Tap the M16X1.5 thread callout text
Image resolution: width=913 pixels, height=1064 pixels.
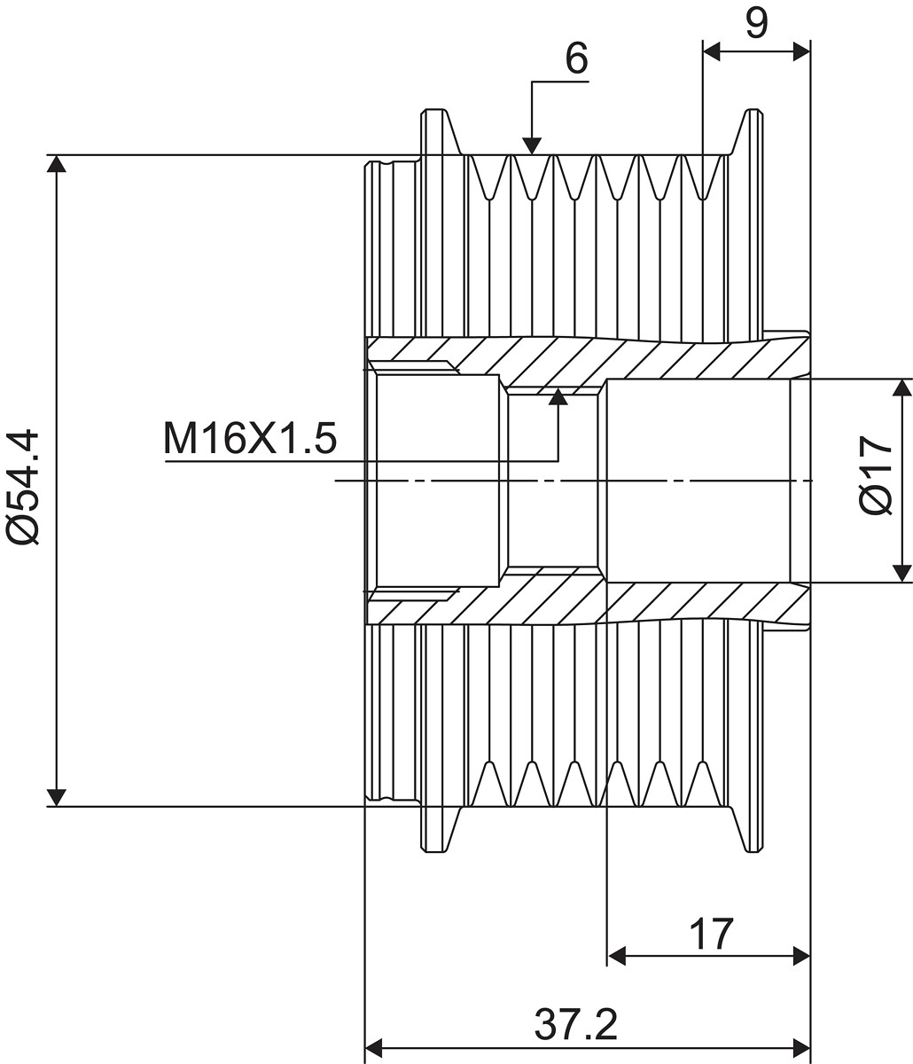point(250,438)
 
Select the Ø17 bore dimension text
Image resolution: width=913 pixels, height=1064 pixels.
point(878,474)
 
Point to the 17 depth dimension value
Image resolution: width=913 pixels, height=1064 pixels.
point(711,934)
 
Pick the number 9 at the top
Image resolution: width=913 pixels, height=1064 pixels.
point(755,24)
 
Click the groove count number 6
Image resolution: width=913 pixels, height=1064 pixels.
point(576,59)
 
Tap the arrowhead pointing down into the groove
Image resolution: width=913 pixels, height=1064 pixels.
point(531,145)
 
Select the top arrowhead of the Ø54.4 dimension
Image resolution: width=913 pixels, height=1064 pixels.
point(57,164)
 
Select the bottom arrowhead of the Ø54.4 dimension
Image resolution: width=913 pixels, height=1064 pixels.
point(57,797)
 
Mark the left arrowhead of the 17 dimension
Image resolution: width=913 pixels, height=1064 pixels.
point(617,956)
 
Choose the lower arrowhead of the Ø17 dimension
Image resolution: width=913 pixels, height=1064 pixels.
point(901,573)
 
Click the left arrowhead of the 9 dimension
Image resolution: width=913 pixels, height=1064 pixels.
point(712,51)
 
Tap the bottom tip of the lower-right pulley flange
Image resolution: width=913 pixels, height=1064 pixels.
point(754,851)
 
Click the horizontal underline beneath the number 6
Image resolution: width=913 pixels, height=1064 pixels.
point(560,82)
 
